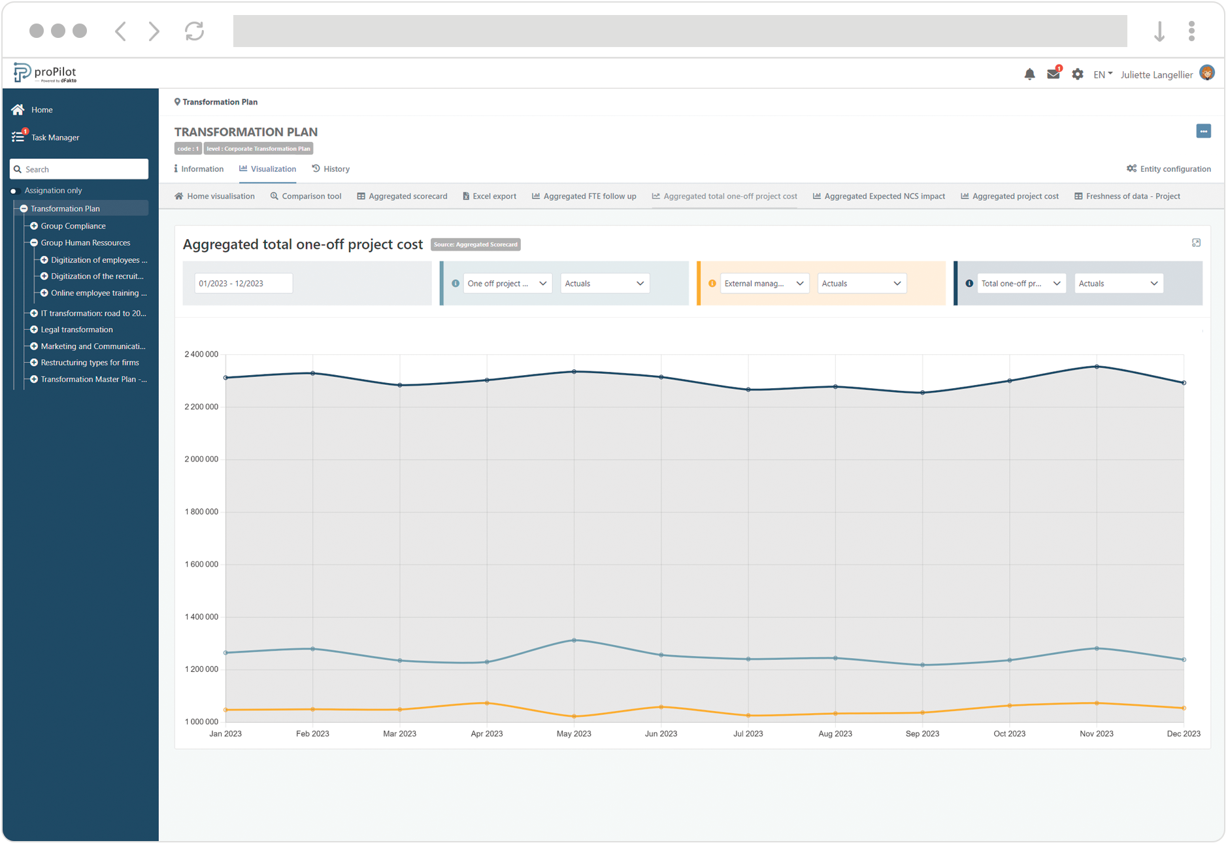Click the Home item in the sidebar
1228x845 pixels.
coord(41,110)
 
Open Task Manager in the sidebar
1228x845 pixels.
coord(55,137)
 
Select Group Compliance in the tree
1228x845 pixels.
coord(73,226)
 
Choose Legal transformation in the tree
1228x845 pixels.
coord(76,329)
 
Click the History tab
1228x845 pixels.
coord(336,169)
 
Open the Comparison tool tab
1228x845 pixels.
coord(311,196)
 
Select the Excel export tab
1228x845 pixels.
coord(493,196)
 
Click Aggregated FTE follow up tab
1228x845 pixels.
coord(589,196)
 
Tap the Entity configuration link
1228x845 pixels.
coord(1174,169)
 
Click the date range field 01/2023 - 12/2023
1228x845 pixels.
coord(243,284)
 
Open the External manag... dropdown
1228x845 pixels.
coord(764,284)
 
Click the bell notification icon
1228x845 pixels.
coord(1029,75)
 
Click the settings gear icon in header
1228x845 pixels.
coord(1077,75)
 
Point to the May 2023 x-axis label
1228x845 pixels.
coord(574,734)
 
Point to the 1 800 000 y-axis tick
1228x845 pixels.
coord(201,512)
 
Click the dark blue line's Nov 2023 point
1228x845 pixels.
coord(1097,367)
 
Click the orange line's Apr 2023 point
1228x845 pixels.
coord(487,703)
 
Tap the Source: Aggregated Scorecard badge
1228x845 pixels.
coord(476,244)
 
